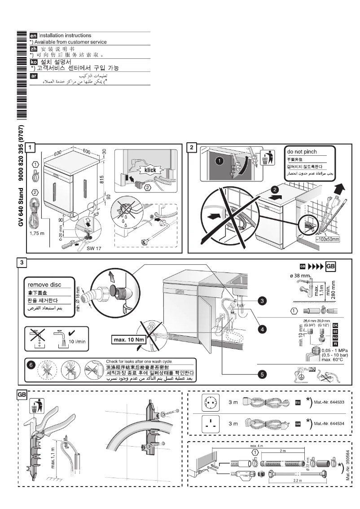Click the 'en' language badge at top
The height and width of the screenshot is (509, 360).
point(32,35)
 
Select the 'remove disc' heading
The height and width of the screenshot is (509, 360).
point(44,284)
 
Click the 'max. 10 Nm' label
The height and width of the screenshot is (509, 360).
point(127,338)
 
